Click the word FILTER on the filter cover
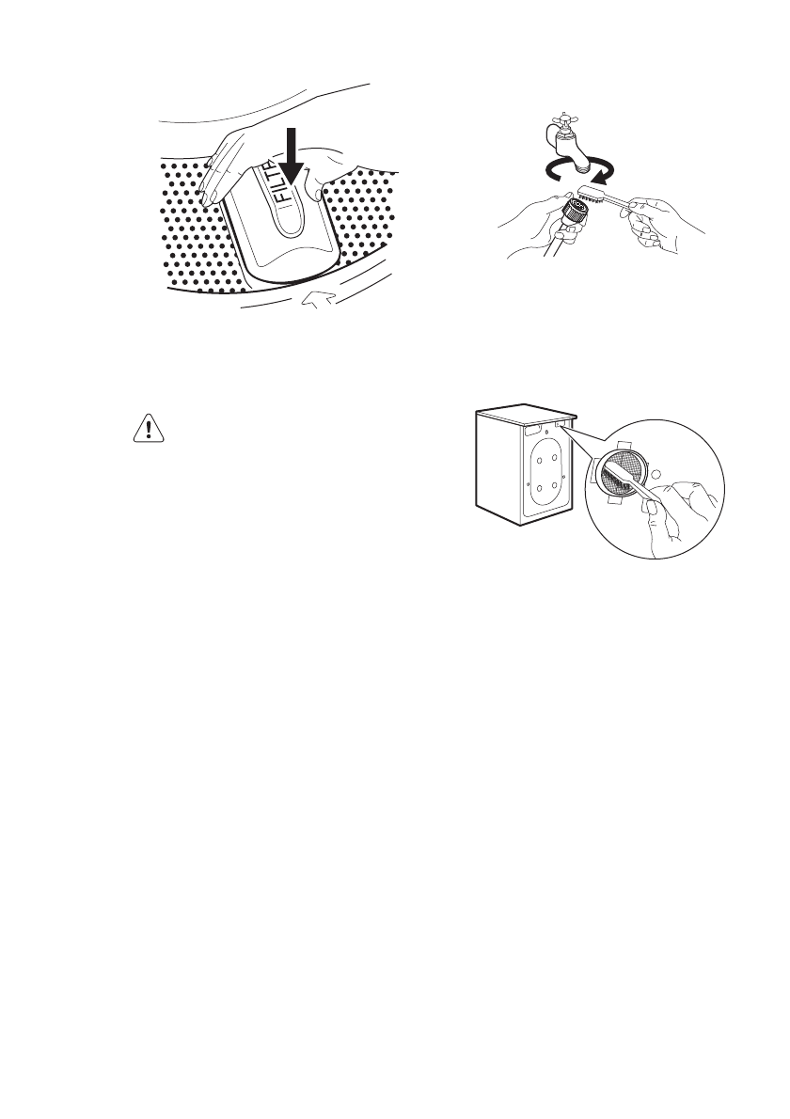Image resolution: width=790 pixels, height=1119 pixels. click(x=290, y=193)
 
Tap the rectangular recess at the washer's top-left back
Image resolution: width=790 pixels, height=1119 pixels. click(x=531, y=428)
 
